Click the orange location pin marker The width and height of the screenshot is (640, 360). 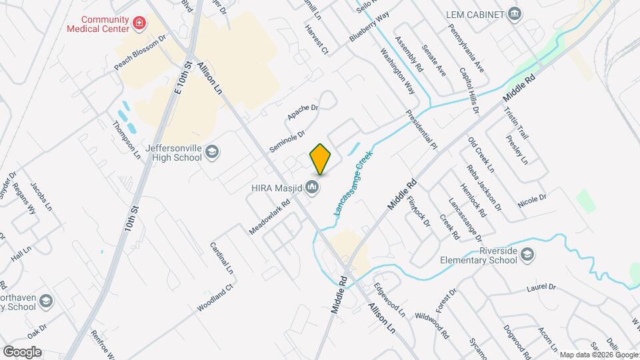click(x=320, y=159)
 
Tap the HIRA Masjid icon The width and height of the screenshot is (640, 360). click(x=312, y=190)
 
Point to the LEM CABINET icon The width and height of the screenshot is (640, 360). click(x=514, y=14)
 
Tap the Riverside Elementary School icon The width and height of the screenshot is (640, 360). click(x=527, y=254)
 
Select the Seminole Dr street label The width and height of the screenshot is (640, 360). click(x=287, y=141)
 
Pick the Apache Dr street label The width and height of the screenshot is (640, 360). click(x=303, y=112)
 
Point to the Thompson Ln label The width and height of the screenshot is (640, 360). click(x=127, y=135)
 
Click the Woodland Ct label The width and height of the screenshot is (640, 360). click(x=214, y=299)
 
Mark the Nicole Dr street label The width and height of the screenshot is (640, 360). click(x=531, y=199)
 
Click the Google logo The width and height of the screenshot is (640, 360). click(x=22, y=351)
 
